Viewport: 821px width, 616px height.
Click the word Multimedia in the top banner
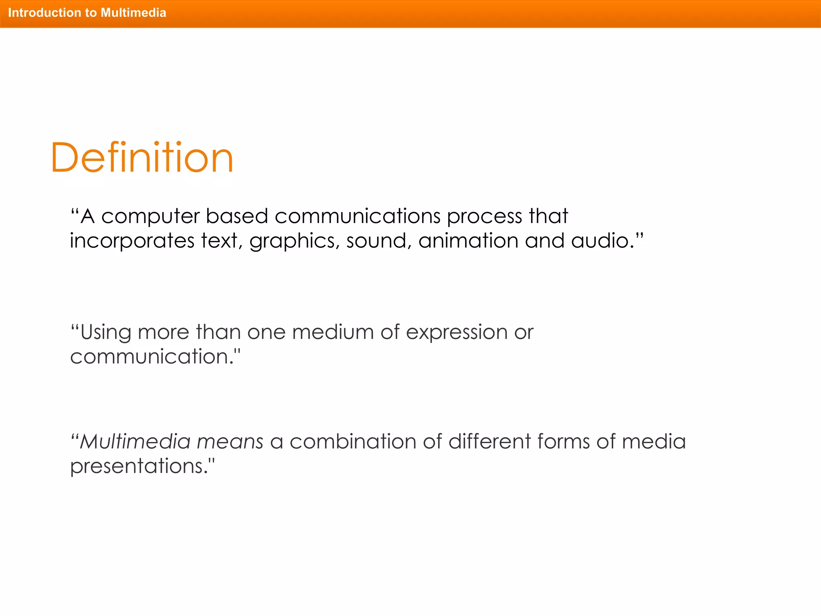click(133, 13)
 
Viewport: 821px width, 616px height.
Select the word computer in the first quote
click(150, 217)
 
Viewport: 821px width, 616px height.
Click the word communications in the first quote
click(357, 216)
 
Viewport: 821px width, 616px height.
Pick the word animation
click(468, 241)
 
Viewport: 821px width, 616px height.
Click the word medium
click(333, 332)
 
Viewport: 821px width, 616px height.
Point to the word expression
click(457, 333)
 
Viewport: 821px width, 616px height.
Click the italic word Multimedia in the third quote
click(135, 442)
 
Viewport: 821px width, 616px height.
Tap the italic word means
click(230, 442)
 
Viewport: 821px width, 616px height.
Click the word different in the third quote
click(489, 442)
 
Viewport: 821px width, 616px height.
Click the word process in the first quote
click(484, 217)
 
